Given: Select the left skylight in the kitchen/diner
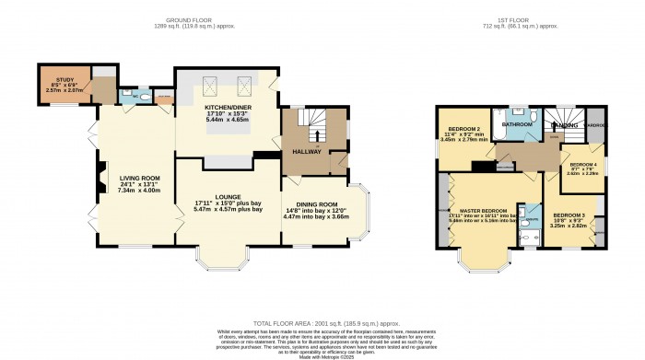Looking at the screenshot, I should (208, 88).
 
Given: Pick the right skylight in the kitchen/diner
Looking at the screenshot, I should (246, 88).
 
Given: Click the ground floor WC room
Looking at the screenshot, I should (136, 95).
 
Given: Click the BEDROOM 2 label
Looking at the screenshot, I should (465, 129).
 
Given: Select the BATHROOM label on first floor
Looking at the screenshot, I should (518, 122).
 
